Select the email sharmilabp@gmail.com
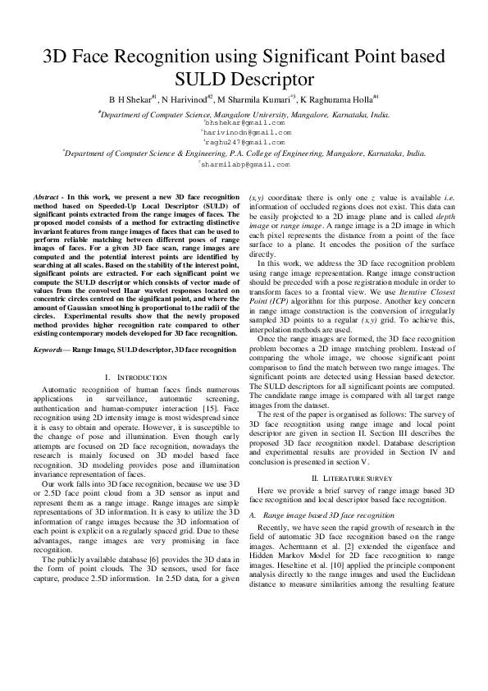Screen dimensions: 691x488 pyautogui.click(x=244, y=164)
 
